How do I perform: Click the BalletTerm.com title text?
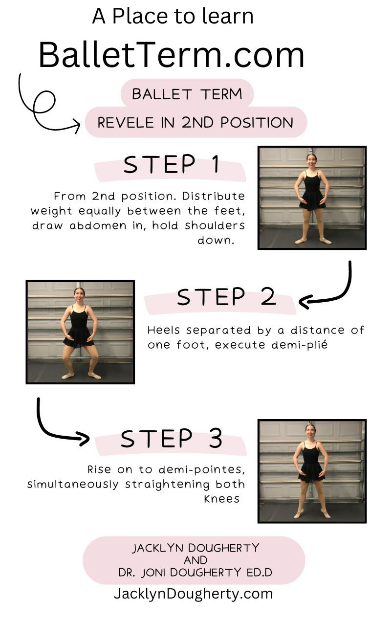[172, 55]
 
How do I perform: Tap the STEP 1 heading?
[172, 164]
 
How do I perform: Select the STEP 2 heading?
[226, 297]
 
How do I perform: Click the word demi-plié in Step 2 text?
[299, 345]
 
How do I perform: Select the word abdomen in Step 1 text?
[98, 225]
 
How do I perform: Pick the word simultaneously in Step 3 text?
[73, 484]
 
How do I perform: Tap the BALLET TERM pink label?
[187, 94]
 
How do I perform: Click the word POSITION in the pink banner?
[257, 122]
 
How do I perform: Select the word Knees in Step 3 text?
[222, 499]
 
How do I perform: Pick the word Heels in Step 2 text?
[164, 330]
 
